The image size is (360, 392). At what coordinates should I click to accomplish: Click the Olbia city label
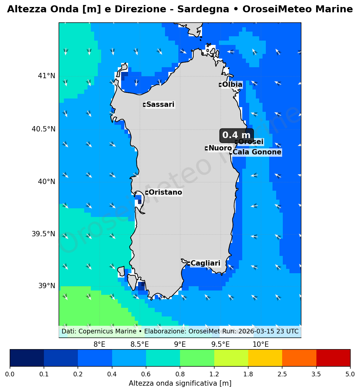[x=232, y=85]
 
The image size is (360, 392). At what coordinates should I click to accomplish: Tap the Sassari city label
[x=160, y=105]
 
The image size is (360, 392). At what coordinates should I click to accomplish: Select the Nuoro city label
[x=220, y=148]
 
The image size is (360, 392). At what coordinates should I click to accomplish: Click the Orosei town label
[x=251, y=142]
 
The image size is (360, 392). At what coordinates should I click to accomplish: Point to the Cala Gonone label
[x=257, y=152]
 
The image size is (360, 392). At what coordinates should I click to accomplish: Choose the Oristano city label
[x=165, y=193]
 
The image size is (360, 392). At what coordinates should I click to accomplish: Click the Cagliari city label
[x=205, y=264]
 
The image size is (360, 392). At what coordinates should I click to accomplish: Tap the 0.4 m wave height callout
[x=236, y=135]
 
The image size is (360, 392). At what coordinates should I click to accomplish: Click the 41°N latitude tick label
[x=47, y=76]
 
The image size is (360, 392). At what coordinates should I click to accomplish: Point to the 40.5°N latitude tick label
[x=44, y=129]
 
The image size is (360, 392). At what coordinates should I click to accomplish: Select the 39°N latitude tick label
[x=47, y=286]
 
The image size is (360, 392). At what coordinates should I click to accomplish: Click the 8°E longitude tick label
[x=99, y=344]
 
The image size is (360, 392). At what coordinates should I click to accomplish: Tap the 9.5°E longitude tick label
[x=220, y=344]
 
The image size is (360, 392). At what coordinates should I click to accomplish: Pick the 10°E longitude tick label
[x=261, y=344]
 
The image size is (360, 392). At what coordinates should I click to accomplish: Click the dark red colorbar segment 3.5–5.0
[x=333, y=358]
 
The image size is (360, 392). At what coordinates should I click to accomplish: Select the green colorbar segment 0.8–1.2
[x=197, y=358]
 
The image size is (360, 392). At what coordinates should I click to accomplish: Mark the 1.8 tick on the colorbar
[x=248, y=374]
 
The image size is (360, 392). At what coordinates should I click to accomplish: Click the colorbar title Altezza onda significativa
[x=180, y=383]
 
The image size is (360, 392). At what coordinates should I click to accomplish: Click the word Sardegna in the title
[x=203, y=9]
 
